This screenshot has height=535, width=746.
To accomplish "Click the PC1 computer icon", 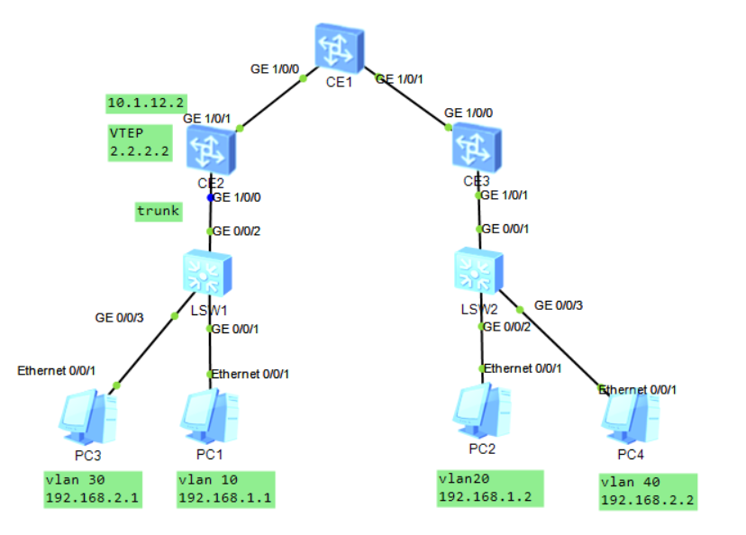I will coord(209,415).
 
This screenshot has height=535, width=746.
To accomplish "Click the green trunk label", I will coord(158,212).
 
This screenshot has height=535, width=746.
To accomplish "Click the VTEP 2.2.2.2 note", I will coord(140,142).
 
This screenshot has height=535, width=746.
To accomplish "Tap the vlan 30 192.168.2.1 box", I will coord(93,489).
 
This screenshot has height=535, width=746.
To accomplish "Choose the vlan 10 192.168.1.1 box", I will coord(224,489).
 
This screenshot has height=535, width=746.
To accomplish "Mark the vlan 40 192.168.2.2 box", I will coord(647,492).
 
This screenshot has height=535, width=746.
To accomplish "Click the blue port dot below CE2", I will coord(211,197).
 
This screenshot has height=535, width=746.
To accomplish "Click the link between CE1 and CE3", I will coord(410,98).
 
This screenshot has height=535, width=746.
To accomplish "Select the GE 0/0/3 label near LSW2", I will coord(559,305).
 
